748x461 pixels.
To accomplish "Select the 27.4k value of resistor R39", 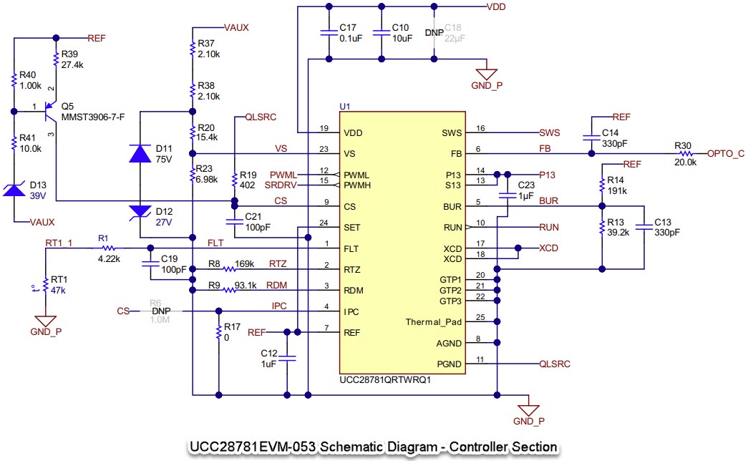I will click(72, 64).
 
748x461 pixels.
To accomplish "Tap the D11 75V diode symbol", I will click(139, 155).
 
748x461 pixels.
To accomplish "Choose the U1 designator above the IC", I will click(344, 106).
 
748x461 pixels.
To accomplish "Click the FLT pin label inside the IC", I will click(351, 248).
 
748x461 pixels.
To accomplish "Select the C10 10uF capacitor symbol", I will click(382, 32).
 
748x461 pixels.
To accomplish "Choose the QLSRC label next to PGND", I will click(555, 364).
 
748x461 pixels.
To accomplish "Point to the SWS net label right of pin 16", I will click(549, 132).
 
